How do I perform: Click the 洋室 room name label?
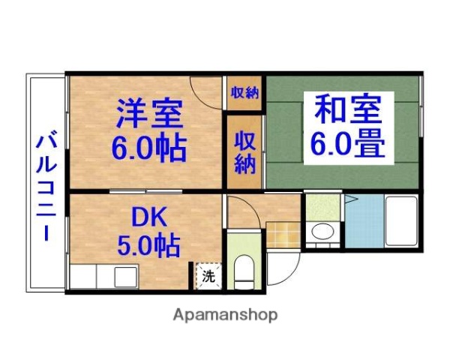148,114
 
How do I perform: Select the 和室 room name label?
346,109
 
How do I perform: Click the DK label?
147,217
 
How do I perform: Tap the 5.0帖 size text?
147,244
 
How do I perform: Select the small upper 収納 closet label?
244,93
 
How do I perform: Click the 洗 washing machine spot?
208,275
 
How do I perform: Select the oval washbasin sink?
323,232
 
